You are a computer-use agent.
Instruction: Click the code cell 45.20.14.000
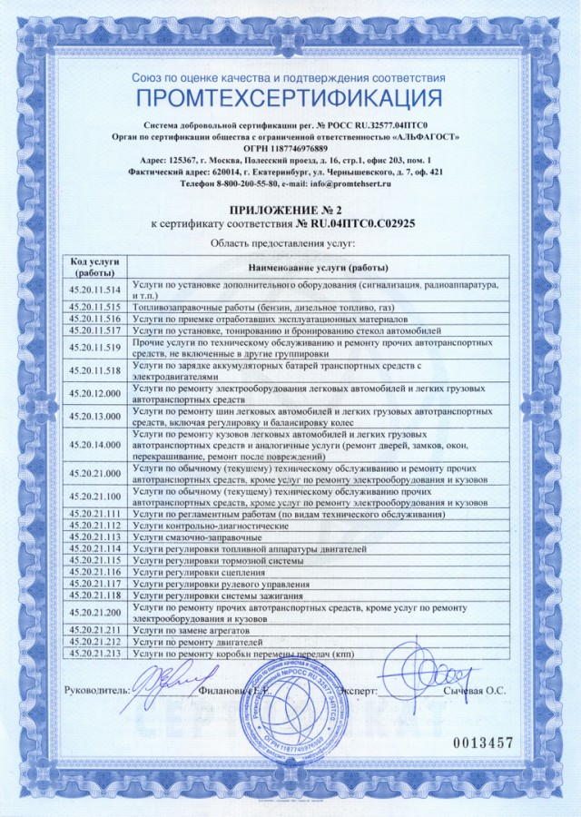(x=94, y=445)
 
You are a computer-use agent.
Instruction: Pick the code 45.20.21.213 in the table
(x=94, y=653)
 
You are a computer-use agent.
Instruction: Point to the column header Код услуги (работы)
(x=94, y=268)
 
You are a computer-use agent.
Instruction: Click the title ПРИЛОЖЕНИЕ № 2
(x=288, y=208)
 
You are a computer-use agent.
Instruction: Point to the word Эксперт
(x=355, y=691)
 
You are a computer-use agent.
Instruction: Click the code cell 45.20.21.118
(x=94, y=595)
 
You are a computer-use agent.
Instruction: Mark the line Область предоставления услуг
(x=282, y=243)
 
